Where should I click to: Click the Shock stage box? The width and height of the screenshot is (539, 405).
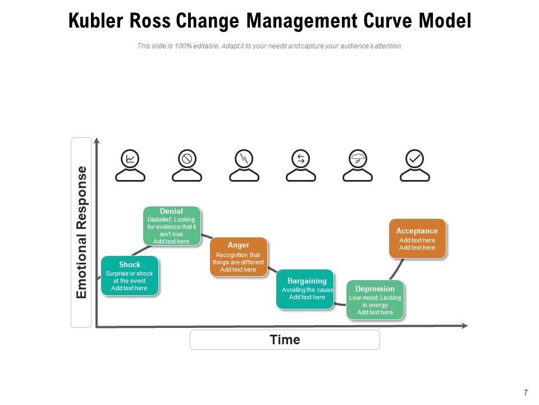coord(129,276)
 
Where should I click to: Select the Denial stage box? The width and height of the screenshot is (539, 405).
coord(171,226)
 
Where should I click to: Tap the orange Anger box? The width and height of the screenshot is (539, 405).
coord(238,257)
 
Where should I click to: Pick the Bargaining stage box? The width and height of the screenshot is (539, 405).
coord(305,289)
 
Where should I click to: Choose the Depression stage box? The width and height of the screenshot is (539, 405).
coord(374,299)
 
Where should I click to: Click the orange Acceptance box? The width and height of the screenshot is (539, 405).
coord(417,238)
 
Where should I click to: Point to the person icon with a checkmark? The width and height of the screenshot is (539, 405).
coord(415,165)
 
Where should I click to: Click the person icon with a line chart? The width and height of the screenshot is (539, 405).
coord(130,165)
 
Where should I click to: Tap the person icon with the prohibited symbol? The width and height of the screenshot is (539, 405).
coord(187,165)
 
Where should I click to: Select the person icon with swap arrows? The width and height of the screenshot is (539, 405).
coord(301,165)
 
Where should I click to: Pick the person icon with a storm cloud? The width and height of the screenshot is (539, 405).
coord(358,165)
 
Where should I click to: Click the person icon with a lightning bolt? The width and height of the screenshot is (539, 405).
coord(244,165)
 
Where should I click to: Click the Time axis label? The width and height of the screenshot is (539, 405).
coord(285,340)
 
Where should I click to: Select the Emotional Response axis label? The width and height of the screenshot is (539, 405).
coord(81,232)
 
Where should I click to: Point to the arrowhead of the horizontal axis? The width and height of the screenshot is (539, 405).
coord(464,325)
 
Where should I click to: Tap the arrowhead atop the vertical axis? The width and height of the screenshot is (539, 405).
coord(97,141)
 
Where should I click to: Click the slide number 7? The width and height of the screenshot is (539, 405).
coord(526,393)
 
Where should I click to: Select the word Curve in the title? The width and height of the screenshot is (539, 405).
coord(386,21)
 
